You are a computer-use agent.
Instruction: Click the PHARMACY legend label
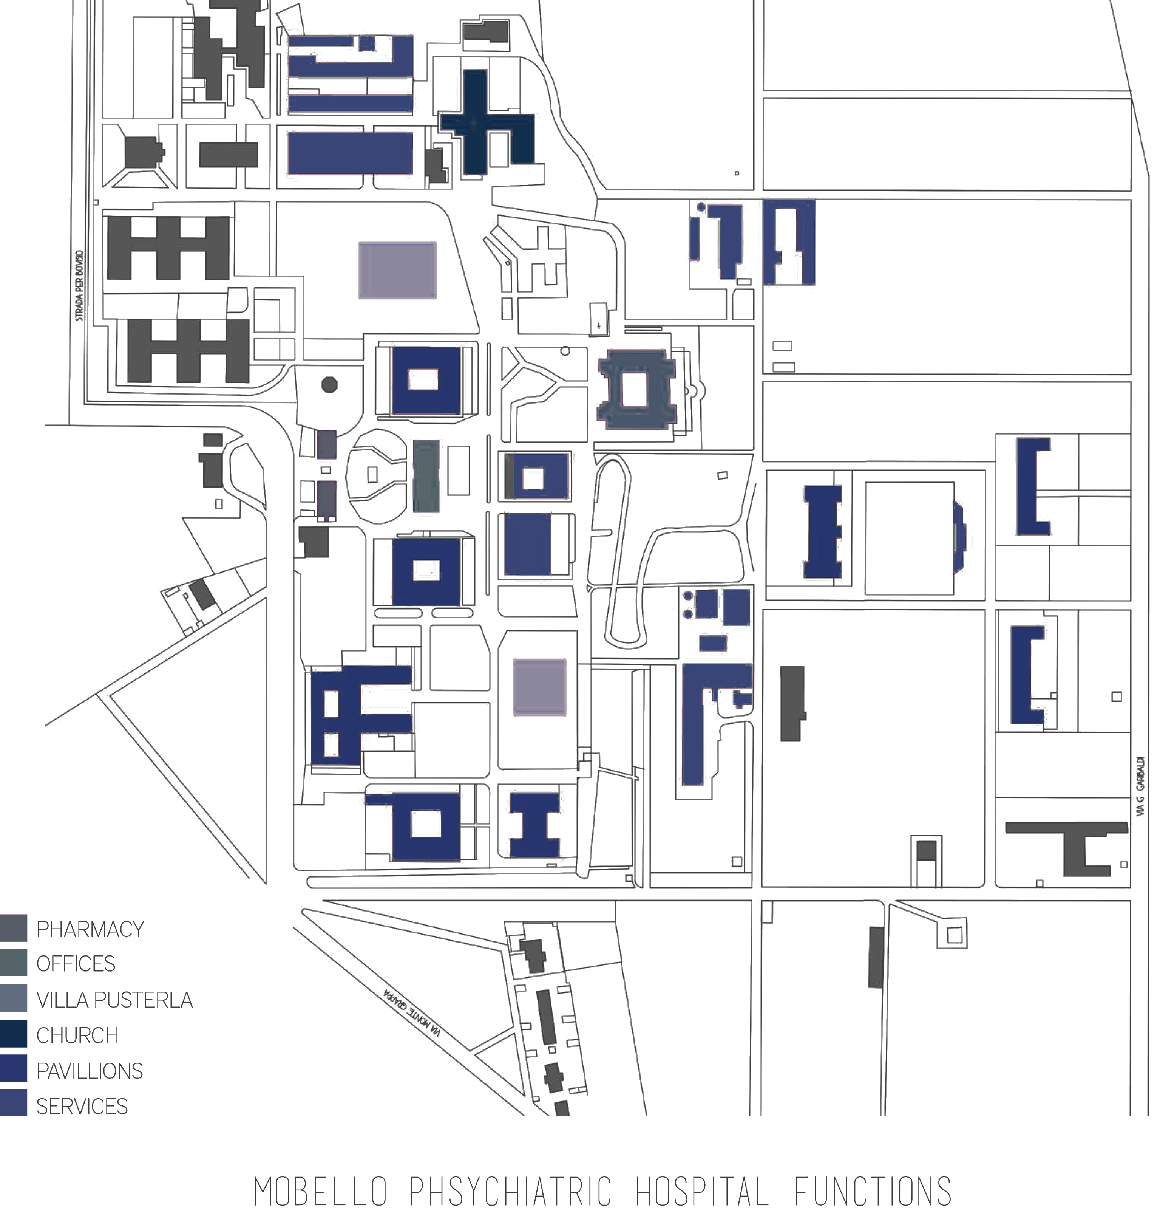tap(90, 929)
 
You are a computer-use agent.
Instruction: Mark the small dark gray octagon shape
tap(330, 384)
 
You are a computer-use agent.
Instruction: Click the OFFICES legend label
tap(76, 964)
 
